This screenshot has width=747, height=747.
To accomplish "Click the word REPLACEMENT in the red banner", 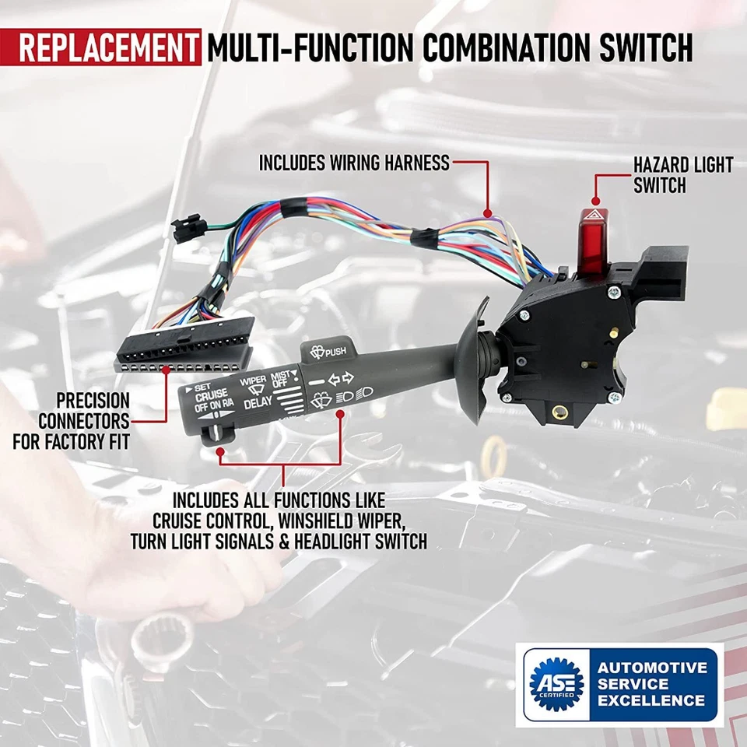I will [x=107, y=47].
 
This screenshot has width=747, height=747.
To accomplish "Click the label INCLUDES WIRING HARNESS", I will [x=354, y=163].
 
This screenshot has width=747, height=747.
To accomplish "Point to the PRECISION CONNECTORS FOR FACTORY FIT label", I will [x=72, y=421].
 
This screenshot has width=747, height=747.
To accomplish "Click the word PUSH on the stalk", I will [x=337, y=351].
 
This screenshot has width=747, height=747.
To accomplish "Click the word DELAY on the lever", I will [x=258, y=404].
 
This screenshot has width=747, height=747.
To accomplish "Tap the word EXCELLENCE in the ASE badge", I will [x=651, y=700].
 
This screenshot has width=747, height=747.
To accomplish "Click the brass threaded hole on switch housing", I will [x=557, y=409].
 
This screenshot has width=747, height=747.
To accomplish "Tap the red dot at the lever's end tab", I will [x=220, y=450].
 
